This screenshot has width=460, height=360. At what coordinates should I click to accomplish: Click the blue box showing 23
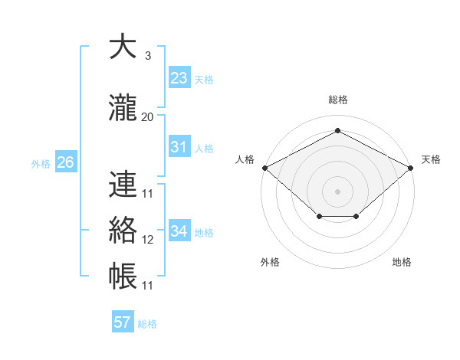179,78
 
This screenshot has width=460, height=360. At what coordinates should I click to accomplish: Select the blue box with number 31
179,147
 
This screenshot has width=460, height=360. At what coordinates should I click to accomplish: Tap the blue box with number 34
179,231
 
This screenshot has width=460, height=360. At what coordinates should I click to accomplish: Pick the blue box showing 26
65,162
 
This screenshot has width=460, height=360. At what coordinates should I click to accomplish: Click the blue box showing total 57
123,322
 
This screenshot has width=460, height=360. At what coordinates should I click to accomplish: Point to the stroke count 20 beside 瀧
148,116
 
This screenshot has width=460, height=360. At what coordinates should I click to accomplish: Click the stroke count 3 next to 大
148,56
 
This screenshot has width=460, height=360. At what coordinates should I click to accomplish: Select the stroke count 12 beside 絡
148,240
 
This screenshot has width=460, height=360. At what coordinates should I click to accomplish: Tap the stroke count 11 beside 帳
148,286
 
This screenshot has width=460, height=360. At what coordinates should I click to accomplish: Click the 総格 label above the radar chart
338,100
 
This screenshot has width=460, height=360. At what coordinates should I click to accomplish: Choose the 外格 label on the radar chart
270,262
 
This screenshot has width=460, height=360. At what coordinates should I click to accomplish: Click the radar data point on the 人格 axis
264,168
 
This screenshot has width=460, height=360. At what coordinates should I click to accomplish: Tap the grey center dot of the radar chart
338,191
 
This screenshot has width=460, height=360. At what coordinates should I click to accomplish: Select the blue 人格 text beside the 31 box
204,148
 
